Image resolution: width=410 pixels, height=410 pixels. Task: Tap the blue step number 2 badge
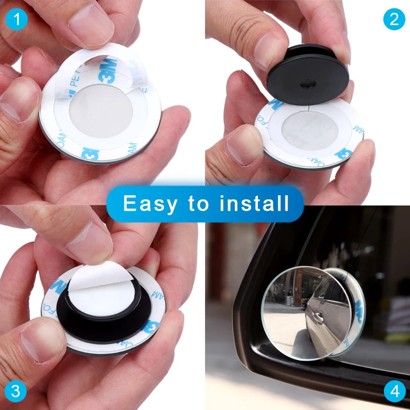point(394,19)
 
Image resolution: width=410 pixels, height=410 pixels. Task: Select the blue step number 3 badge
point(15,392)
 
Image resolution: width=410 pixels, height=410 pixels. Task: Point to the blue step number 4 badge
point(394,392)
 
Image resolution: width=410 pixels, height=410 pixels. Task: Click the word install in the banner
point(254,203)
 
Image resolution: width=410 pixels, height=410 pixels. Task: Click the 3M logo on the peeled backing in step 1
point(108,70)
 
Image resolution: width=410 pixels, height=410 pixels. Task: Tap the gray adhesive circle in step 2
point(307,128)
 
